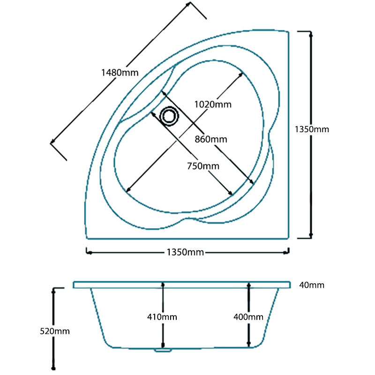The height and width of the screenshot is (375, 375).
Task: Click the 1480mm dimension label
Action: [120, 73]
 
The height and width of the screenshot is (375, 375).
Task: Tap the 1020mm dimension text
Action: [213, 104]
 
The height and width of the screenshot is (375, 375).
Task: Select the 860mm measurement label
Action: [211, 139]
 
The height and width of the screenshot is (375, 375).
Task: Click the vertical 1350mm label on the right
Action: [313, 129]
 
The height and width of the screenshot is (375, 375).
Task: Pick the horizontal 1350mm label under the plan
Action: [185, 252]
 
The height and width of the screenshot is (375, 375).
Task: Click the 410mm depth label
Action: [163, 317]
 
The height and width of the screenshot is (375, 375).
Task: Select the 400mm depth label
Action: [248, 317]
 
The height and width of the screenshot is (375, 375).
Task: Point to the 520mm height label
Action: [55, 331]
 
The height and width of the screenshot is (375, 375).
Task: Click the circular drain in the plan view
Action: [169, 115]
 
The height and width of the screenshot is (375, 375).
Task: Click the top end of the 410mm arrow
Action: [163, 284]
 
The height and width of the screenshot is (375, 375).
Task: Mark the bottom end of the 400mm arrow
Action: [249, 347]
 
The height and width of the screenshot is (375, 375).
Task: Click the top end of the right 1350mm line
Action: [310, 32]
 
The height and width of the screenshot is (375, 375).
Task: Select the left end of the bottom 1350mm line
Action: [87, 252]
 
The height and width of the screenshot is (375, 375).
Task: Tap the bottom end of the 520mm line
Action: [55, 368]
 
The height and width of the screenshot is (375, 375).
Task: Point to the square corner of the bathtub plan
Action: [288, 238]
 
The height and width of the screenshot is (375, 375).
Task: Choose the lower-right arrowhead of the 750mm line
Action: [231, 194]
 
